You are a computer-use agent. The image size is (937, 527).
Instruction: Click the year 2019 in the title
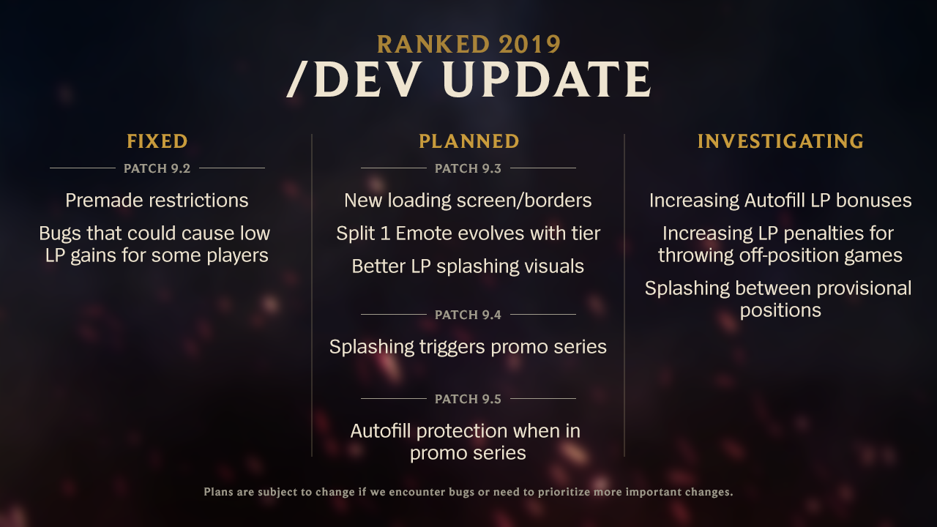529,45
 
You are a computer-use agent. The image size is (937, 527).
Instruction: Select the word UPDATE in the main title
547,79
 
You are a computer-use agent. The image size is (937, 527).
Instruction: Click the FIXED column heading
157,141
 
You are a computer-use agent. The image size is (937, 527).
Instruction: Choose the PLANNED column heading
469,141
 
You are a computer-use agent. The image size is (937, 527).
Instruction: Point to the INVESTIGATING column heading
780,141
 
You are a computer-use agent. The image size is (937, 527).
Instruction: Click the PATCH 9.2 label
157,168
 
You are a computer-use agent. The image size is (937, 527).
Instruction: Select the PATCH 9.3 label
468,168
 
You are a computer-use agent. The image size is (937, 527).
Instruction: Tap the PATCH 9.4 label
468,315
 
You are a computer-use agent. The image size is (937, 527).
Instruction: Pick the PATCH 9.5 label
468,399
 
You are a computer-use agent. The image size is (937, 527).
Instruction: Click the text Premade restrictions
157,201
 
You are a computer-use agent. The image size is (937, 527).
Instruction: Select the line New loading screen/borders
468,201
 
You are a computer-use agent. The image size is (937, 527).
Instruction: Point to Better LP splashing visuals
468,266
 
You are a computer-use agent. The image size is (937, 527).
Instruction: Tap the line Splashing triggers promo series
468,347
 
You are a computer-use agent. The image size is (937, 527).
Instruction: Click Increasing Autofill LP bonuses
780,201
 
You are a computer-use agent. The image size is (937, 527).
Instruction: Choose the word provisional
864,288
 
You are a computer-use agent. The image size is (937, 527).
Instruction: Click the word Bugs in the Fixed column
60,233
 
